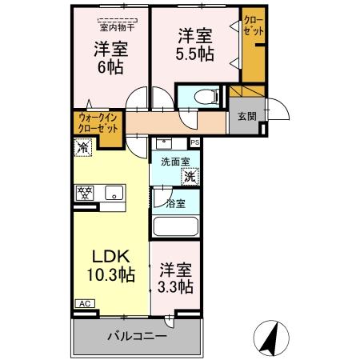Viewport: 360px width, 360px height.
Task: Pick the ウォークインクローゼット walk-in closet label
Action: click(98, 123)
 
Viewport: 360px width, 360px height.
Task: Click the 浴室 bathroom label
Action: click(175, 204)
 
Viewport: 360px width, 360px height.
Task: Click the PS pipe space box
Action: click(194, 144)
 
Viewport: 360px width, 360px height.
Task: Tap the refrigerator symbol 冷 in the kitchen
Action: click(82, 146)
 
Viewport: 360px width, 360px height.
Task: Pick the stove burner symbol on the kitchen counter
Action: click(86, 192)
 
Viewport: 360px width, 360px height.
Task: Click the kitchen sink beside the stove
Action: click(113, 192)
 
